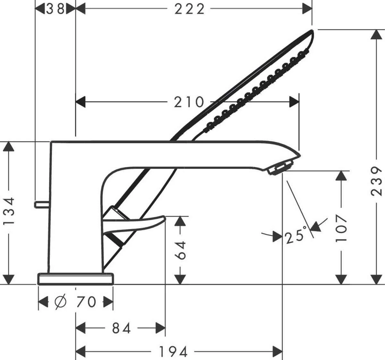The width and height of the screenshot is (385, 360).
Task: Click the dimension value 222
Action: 189,9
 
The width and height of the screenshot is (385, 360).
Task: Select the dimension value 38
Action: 55,9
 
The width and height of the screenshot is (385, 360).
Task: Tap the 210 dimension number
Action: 189,102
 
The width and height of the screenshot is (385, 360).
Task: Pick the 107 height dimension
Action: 341,228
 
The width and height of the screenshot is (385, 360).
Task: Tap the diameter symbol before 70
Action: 60,302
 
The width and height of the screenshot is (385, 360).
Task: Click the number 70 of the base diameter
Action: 86,302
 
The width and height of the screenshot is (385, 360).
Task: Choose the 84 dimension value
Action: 122,328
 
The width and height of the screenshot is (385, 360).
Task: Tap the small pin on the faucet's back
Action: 41,204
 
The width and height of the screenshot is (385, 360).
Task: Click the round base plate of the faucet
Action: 76,279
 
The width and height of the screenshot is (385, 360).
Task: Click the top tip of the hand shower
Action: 311,31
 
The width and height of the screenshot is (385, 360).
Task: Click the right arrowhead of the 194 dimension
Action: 277,351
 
